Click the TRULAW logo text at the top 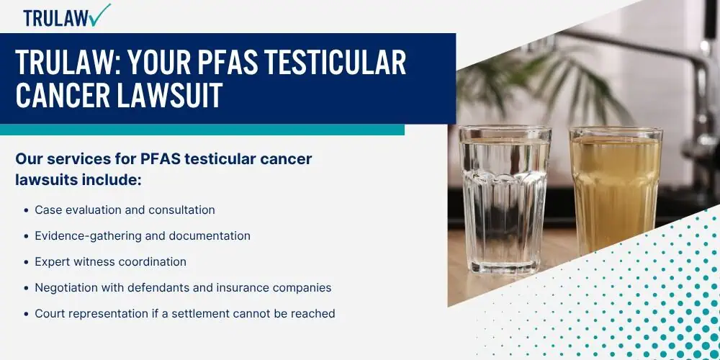tap(55, 18)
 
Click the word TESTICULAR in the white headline tap(324, 63)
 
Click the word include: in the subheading tap(111, 180)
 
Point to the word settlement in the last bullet tap(199, 314)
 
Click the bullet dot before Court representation tap(27, 314)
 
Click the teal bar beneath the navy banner tap(202, 130)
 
